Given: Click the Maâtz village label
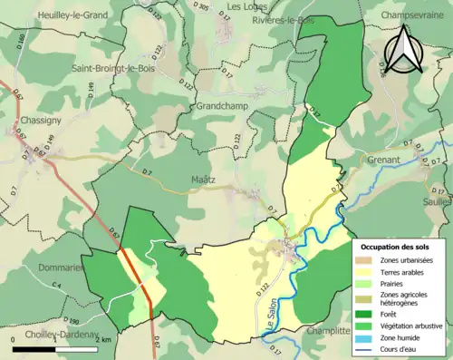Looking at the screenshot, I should [x=202, y=180].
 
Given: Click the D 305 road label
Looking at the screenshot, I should [x=202, y=7].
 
